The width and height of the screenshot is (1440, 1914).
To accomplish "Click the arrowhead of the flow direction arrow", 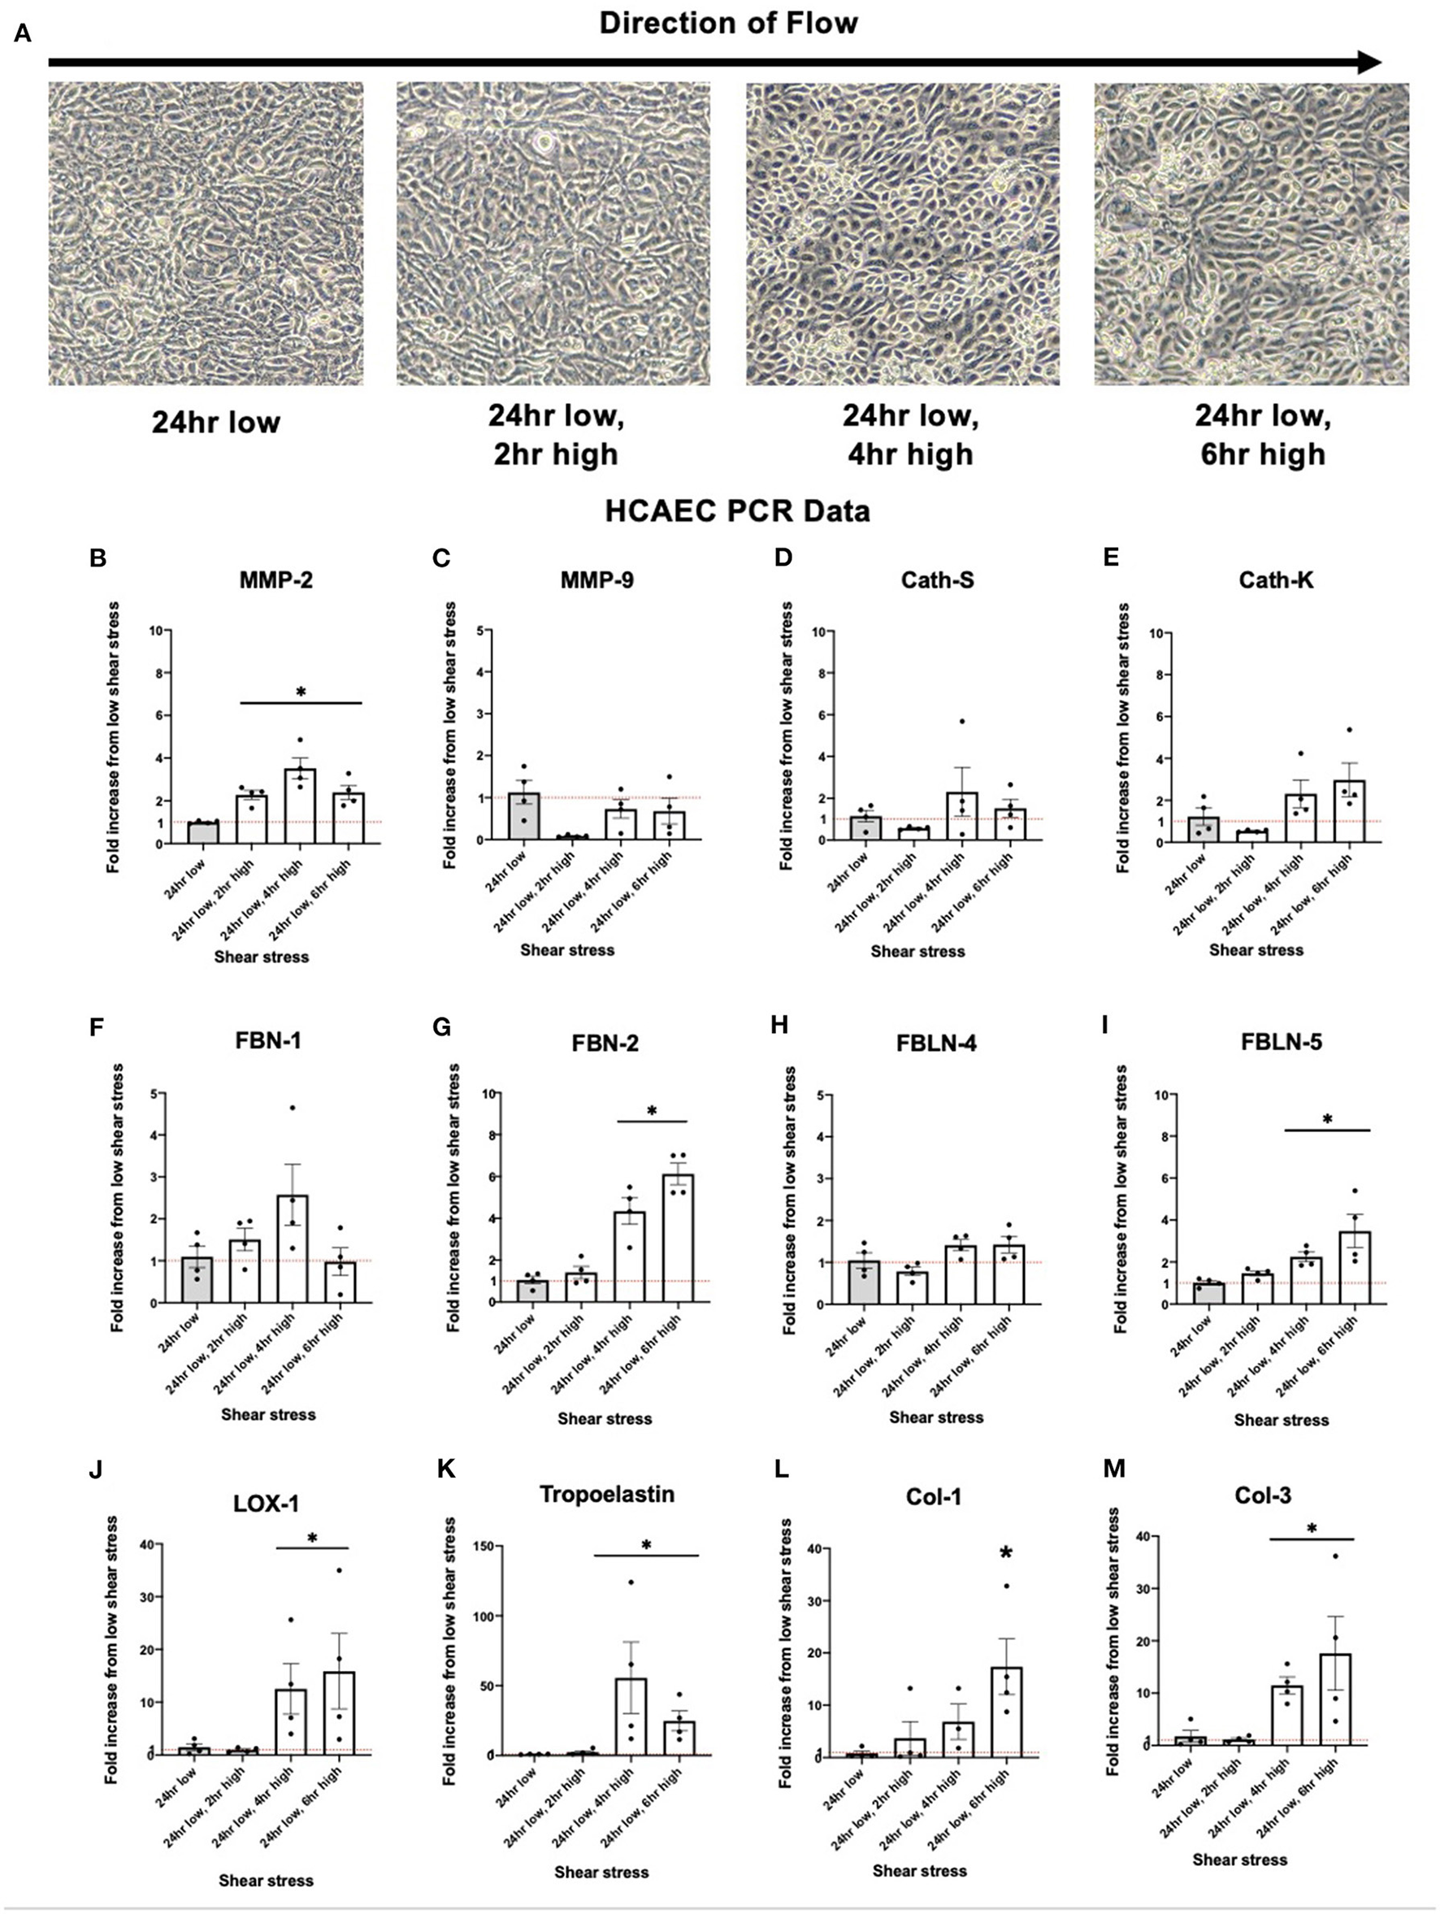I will click(x=1369, y=63).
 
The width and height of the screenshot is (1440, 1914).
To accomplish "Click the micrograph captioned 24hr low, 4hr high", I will click(x=903, y=233).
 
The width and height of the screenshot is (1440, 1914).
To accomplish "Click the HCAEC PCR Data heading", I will click(x=736, y=511).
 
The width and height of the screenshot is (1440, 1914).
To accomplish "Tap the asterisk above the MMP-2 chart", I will click(x=301, y=693).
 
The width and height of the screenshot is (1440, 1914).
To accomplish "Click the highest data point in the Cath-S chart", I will click(x=961, y=721).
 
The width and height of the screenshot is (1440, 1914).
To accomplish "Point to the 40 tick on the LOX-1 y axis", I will click(x=146, y=1544).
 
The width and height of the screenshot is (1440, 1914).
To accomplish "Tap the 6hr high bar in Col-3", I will click(x=1335, y=1699).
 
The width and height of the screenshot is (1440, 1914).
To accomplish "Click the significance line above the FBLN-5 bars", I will click(x=1328, y=1130).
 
